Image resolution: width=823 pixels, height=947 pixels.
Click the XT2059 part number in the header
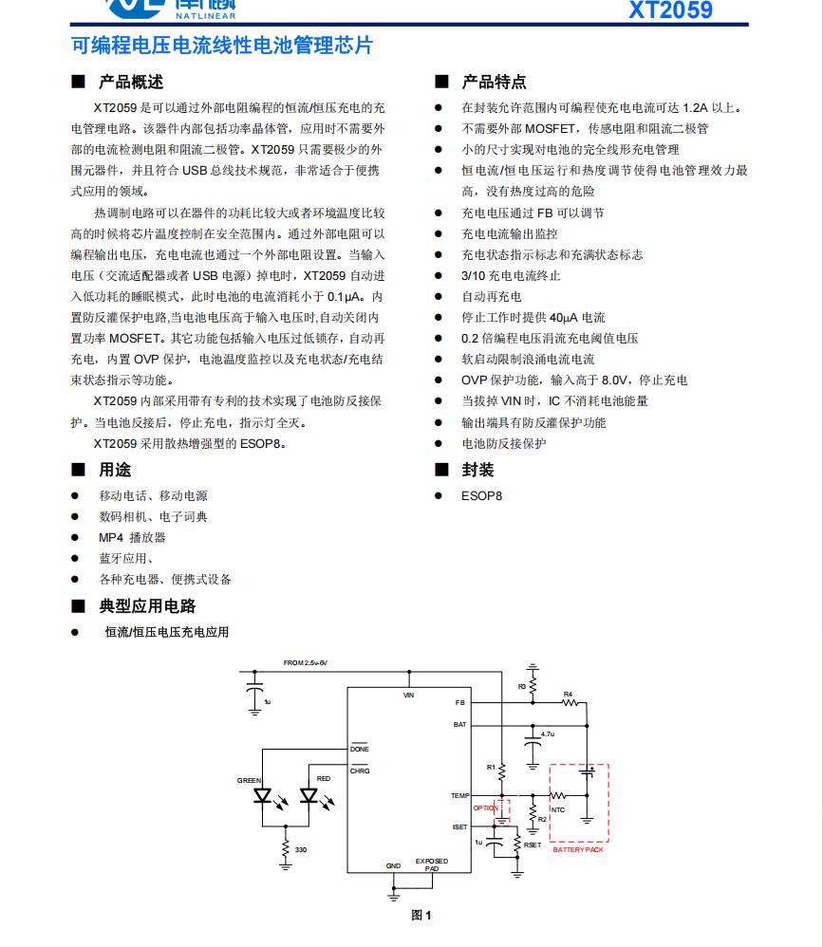click(669, 9)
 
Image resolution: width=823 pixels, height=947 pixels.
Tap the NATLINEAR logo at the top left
click(170, 8)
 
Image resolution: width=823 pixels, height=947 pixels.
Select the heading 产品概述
click(131, 83)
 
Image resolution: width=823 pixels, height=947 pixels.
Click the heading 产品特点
click(494, 83)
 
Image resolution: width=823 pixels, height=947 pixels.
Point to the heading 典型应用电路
click(147, 606)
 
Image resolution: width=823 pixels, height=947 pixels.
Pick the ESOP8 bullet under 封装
click(481, 495)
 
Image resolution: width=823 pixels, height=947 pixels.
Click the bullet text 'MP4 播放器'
click(132, 537)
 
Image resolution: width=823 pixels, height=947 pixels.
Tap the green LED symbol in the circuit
click(263, 795)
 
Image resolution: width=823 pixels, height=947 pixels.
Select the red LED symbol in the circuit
click(308, 795)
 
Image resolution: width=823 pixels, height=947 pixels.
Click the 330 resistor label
click(301, 849)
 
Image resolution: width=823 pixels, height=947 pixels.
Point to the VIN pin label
click(409, 696)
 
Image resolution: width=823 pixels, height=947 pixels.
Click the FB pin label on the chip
click(460, 703)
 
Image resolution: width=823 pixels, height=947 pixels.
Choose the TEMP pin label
click(459, 795)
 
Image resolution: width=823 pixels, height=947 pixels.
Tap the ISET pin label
click(459, 826)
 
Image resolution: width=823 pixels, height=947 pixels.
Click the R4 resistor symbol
click(568, 703)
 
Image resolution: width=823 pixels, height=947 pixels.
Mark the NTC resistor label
click(557, 809)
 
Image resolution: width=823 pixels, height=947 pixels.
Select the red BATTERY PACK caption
click(578, 849)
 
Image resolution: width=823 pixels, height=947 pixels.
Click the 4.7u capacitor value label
click(547, 734)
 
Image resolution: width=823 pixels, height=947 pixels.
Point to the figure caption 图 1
click(421, 915)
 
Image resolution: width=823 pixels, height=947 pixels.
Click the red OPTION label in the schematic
click(485, 808)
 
